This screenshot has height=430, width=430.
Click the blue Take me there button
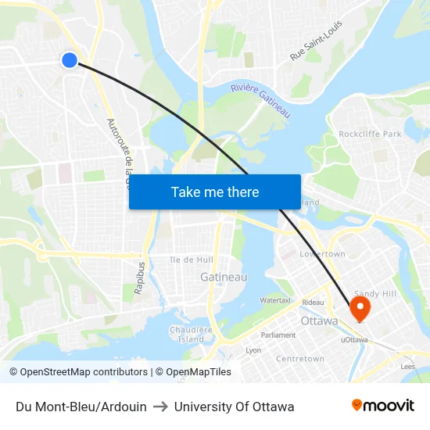tap(215, 192)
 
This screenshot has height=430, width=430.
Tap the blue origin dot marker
tap(70, 60)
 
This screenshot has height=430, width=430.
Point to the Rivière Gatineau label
tap(260, 101)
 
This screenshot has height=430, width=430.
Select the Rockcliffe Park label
tap(370, 134)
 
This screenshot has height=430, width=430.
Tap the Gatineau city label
tap(224, 277)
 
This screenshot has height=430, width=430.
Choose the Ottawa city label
tap(319, 321)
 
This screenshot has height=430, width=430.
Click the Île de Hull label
tap(192, 260)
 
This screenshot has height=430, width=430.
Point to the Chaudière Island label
tap(191, 334)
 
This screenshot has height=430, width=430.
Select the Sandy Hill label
tap(377, 294)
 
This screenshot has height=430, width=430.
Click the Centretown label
tap(300, 359)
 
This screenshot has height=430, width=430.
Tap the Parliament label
tap(278, 335)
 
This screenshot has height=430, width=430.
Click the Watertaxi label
tap(275, 299)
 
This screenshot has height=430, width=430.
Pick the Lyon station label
tap(253, 350)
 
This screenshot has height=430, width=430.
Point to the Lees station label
tap(407, 365)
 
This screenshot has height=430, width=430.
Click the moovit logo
tap(383, 406)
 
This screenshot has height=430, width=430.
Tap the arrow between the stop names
tap(160, 407)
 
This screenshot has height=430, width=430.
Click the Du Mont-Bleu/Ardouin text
tap(81, 407)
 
